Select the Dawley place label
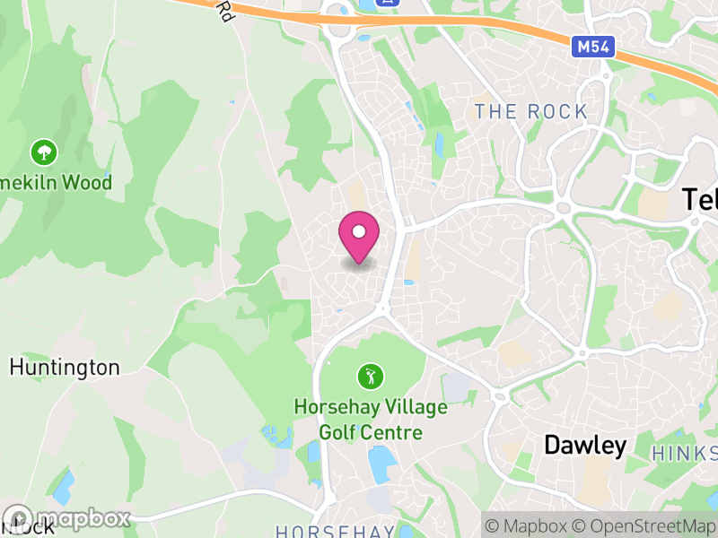pos(585,446)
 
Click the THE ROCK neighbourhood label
pos(531,112)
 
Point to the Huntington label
pos(65,367)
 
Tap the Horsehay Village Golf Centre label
pos(370,420)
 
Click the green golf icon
pos(368,374)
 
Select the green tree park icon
pos(42,151)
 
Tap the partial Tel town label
pos(699,199)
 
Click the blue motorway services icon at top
pos(388,3)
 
